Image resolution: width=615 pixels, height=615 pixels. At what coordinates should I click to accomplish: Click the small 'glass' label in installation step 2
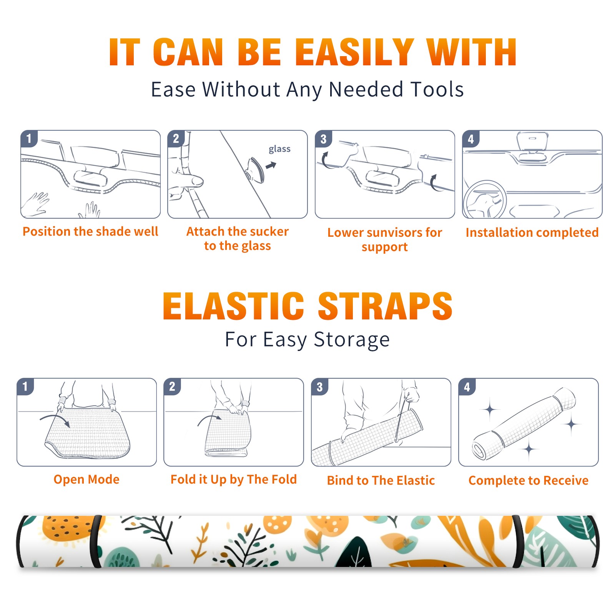tap(279, 149)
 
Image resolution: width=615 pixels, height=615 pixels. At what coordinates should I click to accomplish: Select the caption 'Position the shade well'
tap(90, 231)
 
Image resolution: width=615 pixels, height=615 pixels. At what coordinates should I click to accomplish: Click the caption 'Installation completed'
tap(532, 232)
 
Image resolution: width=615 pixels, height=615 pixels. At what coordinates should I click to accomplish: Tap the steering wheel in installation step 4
tap(485, 199)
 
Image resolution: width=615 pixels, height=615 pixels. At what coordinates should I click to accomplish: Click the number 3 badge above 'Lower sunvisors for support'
tap(323, 139)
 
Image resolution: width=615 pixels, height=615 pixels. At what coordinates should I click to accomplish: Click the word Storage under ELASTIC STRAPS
tap(352, 340)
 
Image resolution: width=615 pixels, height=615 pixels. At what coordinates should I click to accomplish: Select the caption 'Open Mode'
tap(86, 479)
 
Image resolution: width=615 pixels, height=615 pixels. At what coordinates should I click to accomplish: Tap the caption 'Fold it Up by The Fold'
tap(234, 479)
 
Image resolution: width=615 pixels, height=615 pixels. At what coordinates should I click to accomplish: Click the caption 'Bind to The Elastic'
tap(381, 480)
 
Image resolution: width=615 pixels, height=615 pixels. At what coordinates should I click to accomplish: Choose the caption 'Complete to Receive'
tap(529, 480)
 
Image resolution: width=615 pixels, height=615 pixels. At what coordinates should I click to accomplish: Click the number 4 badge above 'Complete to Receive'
tap(467, 387)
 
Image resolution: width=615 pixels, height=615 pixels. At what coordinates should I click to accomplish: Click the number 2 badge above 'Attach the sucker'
tap(176, 139)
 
